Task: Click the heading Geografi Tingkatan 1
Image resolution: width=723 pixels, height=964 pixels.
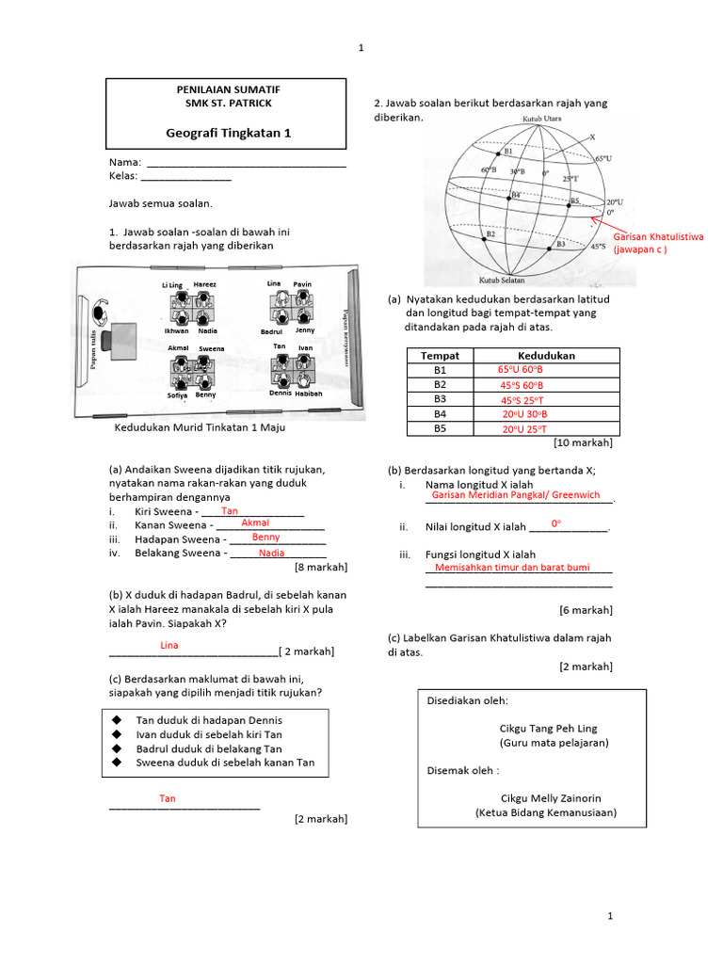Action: [229, 134]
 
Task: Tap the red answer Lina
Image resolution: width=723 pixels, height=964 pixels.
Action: [169, 646]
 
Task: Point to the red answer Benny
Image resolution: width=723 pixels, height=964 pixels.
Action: [265, 538]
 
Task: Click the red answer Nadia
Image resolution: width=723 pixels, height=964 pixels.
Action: [271, 554]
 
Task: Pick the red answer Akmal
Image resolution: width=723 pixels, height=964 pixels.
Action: [255, 522]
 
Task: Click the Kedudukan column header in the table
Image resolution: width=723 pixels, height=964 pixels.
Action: [547, 356]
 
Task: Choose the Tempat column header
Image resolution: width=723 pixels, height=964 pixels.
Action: [440, 356]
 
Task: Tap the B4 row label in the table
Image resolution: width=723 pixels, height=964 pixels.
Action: [440, 414]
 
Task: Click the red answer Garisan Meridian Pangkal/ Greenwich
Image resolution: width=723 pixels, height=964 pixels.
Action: [515, 495]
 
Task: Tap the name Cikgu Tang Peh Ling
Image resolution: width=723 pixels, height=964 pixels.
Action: [548, 729]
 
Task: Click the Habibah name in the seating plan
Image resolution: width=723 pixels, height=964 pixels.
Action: [309, 394]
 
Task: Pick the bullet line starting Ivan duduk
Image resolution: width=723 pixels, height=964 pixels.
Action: [209, 734]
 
